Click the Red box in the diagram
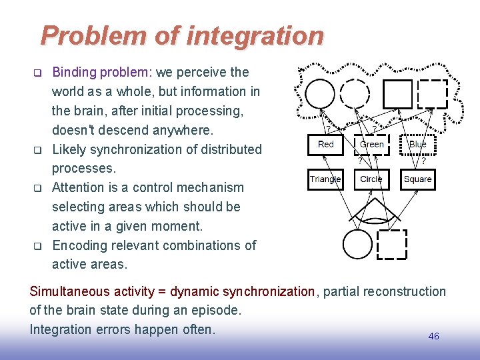click(326, 145)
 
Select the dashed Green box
click(371, 145)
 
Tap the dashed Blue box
click(417, 145)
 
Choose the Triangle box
click(325, 179)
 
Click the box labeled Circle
click(371, 179)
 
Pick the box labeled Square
click(417, 179)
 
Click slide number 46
click(433, 336)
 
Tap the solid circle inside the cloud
click(321, 93)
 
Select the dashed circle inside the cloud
click(355, 93)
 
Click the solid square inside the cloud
click(398, 93)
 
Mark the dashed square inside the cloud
click(432, 93)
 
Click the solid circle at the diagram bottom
click(358, 243)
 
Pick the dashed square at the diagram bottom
click(391, 244)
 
